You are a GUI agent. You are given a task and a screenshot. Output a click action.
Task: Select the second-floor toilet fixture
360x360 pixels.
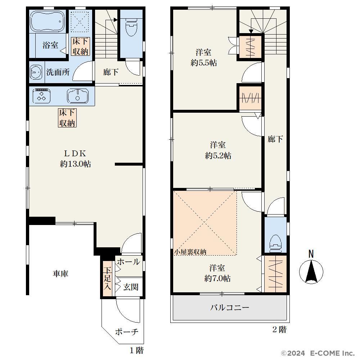tap(275, 242)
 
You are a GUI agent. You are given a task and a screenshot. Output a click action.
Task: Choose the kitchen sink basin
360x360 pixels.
tap(78, 96)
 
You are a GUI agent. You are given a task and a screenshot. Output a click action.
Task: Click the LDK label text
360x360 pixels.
tap(75, 153)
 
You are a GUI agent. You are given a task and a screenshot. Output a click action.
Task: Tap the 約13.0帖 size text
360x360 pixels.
tap(75, 164)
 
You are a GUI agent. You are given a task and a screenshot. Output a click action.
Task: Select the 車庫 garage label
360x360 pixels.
tap(60, 274)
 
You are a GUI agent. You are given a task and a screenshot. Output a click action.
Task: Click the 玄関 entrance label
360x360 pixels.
tap(131, 287)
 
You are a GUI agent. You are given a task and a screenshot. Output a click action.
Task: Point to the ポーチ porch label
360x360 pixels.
tap(127, 332)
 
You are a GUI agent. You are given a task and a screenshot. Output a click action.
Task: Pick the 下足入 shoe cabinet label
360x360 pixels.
tap(107, 278)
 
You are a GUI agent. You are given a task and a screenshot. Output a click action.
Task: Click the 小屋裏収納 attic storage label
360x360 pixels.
tap(190, 252)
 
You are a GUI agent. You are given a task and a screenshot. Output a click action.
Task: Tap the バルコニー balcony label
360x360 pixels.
tap(230, 307)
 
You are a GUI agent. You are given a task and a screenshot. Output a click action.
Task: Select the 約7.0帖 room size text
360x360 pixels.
tap(217, 279)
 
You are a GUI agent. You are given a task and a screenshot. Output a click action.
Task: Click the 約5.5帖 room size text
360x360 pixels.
tap(204, 63)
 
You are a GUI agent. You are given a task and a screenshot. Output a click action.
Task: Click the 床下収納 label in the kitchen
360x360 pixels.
tap(67, 118)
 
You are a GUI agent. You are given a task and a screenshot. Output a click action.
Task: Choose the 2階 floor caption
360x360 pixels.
tap(279, 330)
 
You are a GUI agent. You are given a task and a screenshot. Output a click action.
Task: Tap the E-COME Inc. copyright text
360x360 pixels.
tap(332, 353)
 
